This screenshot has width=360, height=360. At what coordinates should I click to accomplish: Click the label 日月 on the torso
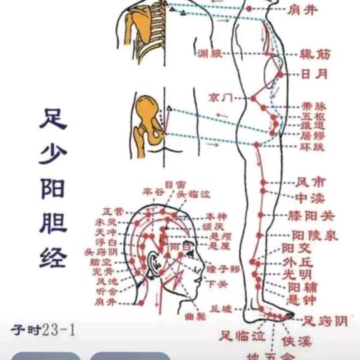pyautogui.click(x=313, y=74)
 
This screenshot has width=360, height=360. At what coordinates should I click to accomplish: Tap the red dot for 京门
pyautogui.click(x=253, y=99)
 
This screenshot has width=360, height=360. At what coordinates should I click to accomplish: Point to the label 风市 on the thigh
pyautogui.click(x=311, y=181)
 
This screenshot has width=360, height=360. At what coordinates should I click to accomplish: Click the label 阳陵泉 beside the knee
pyautogui.click(x=315, y=235)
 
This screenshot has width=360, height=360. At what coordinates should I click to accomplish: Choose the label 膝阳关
pyautogui.click(x=311, y=216)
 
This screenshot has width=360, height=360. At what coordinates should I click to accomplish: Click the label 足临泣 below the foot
pyautogui.click(x=243, y=335)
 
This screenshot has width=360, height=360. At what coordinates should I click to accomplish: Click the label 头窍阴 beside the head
pyautogui.click(x=101, y=253)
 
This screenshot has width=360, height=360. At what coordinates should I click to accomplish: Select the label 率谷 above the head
pyautogui.click(x=153, y=192)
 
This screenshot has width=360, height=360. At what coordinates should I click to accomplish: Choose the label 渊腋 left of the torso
pyautogui.click(x=207, y=53)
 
